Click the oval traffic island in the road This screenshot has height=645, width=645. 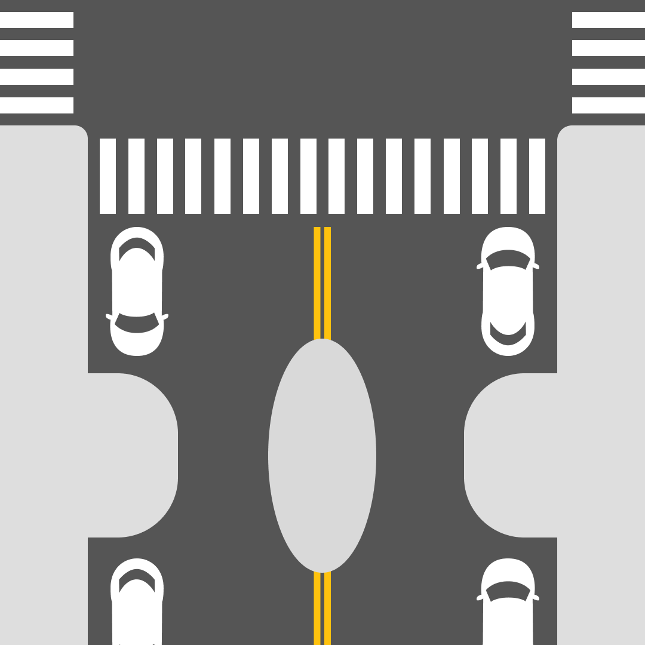(322, 456)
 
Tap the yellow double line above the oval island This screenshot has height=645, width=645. (322, 281)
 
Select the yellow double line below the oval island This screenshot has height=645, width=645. (322, 609)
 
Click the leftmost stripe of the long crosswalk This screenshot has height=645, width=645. (107, 176)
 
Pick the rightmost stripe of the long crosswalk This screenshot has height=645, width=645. (537, 176)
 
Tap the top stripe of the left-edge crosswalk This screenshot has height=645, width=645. (36, 20)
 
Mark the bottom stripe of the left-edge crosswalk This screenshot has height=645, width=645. (36, 105)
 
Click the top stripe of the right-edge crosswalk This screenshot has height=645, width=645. (608, 20)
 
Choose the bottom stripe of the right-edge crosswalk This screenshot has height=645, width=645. (608, 105)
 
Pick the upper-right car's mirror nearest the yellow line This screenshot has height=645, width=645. (479, 266)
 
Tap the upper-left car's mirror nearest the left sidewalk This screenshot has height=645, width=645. (109, 317)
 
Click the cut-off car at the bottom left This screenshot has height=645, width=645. (137, 603)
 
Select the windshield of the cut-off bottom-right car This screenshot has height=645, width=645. (508, 591)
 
